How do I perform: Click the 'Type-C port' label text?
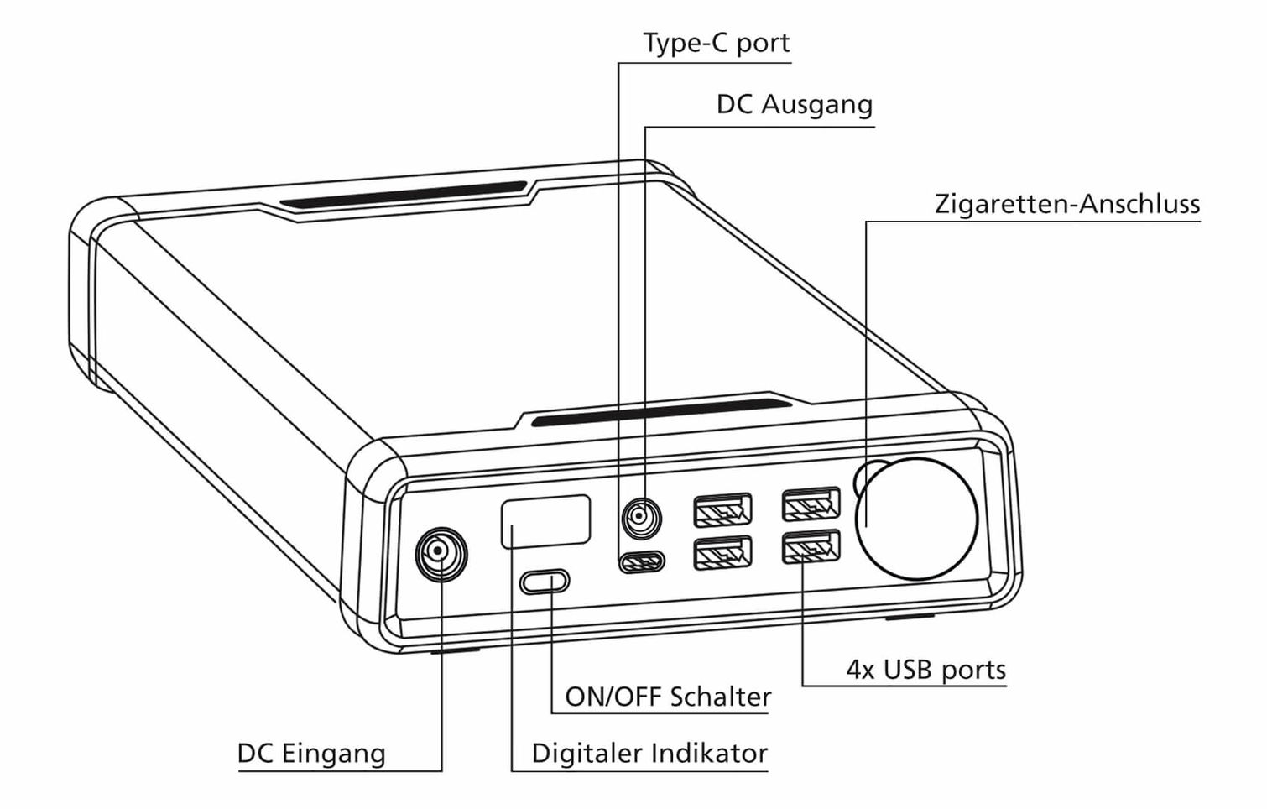pyautogui.click(x=716, y=43)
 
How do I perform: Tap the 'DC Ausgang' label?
pyautogui.click(x=794, y=105)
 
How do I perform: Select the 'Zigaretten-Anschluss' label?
pyautogui.click(x=1066, y=204)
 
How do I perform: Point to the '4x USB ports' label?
pyautogui.click(x=925, y=670)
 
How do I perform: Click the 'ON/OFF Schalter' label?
pyautogui.click(x=668, y=697)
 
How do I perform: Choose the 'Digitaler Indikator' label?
pyautogui.click(x=649, y=754)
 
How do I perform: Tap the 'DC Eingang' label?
pyautogui.click(x=311, y=754)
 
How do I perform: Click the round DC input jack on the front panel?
pyautogui.click(x=441, y=553)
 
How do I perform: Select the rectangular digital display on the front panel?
pyautogui.click(x=545, y=521)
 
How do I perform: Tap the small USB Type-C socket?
pyautogui.click(x=642, y=561)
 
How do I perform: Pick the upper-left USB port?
pyautogui.click(x=722, y=509)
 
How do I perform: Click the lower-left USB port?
pyautogui.click(x=722, y=552)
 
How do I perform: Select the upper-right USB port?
pyautogui.click(x=811, y=504)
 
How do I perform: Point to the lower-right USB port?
pyautogui.click(x=811, y=547)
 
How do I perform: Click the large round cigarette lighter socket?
pyautogui.click(x=918, y=519)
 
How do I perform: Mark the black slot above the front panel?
pyautogui.click(x=661, y=411)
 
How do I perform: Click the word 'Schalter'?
pyautogui.click(x=721, y=697)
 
